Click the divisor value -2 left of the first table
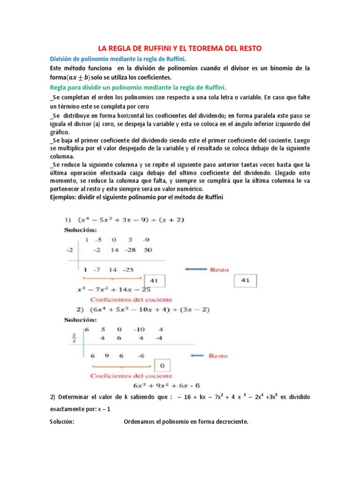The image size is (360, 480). click(x=69, y=250)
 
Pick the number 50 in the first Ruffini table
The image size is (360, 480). click(x=148, y=250)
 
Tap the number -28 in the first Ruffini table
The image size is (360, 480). click(x=130, y=250)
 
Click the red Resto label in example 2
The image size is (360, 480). click(x=218, y=356)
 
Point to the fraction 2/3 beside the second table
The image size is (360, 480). click(x=74, y=337)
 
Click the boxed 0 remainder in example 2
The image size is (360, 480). click(x=163, y=366)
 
